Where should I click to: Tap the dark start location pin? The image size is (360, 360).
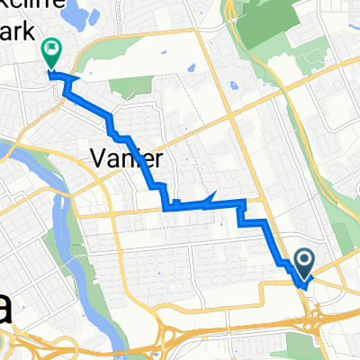[303, 262]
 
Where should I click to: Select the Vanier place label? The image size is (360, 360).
[127, 159]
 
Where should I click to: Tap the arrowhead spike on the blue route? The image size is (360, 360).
[213, 196]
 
